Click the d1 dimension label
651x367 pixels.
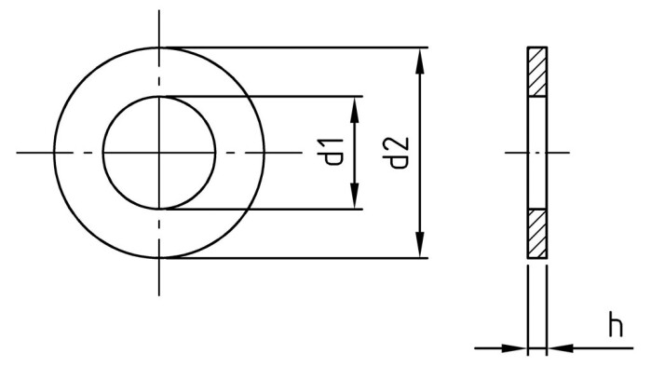point(334,152)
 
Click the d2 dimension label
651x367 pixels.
point(400,152)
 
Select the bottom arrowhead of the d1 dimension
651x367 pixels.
point(354,198)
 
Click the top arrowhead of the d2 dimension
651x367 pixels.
point(422,59)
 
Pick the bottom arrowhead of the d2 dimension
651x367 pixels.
point(422,247)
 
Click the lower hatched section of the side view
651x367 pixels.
point(536,233)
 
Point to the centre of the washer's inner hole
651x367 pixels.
point(159,152)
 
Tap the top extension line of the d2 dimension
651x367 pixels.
point(298,47)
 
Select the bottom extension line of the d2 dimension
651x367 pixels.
point(298,258)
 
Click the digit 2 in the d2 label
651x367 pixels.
point(400,143)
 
